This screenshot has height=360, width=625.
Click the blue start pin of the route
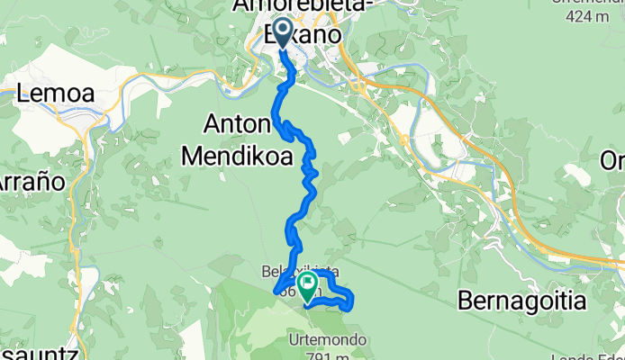pyautogui.click(x=282, y=33)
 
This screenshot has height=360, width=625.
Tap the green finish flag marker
pyautogui.click(x=308, y=288)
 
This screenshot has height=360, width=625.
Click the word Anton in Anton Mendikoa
pyautogui.click(x=239, y=124)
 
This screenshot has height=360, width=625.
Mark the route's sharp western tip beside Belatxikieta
pyautogui.click(x=274, y=291)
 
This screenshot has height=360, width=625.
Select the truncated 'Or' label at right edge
pyautogui.click(x=615, y=160)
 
